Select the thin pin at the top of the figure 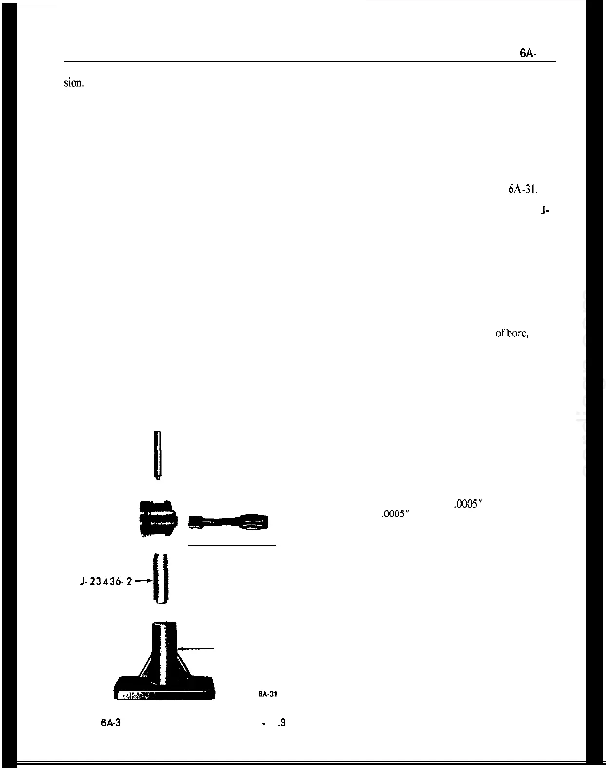[157, 455]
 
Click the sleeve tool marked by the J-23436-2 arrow [161, 578]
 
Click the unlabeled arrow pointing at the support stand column [197, 648]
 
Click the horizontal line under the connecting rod [232, 545]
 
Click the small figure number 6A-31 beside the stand [267, 695]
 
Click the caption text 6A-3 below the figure [111, 723]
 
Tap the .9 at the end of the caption [281, 723]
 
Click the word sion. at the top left [74, 83]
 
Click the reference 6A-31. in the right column [523, 189]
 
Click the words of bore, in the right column [512, 334]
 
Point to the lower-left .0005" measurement [395, 514]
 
